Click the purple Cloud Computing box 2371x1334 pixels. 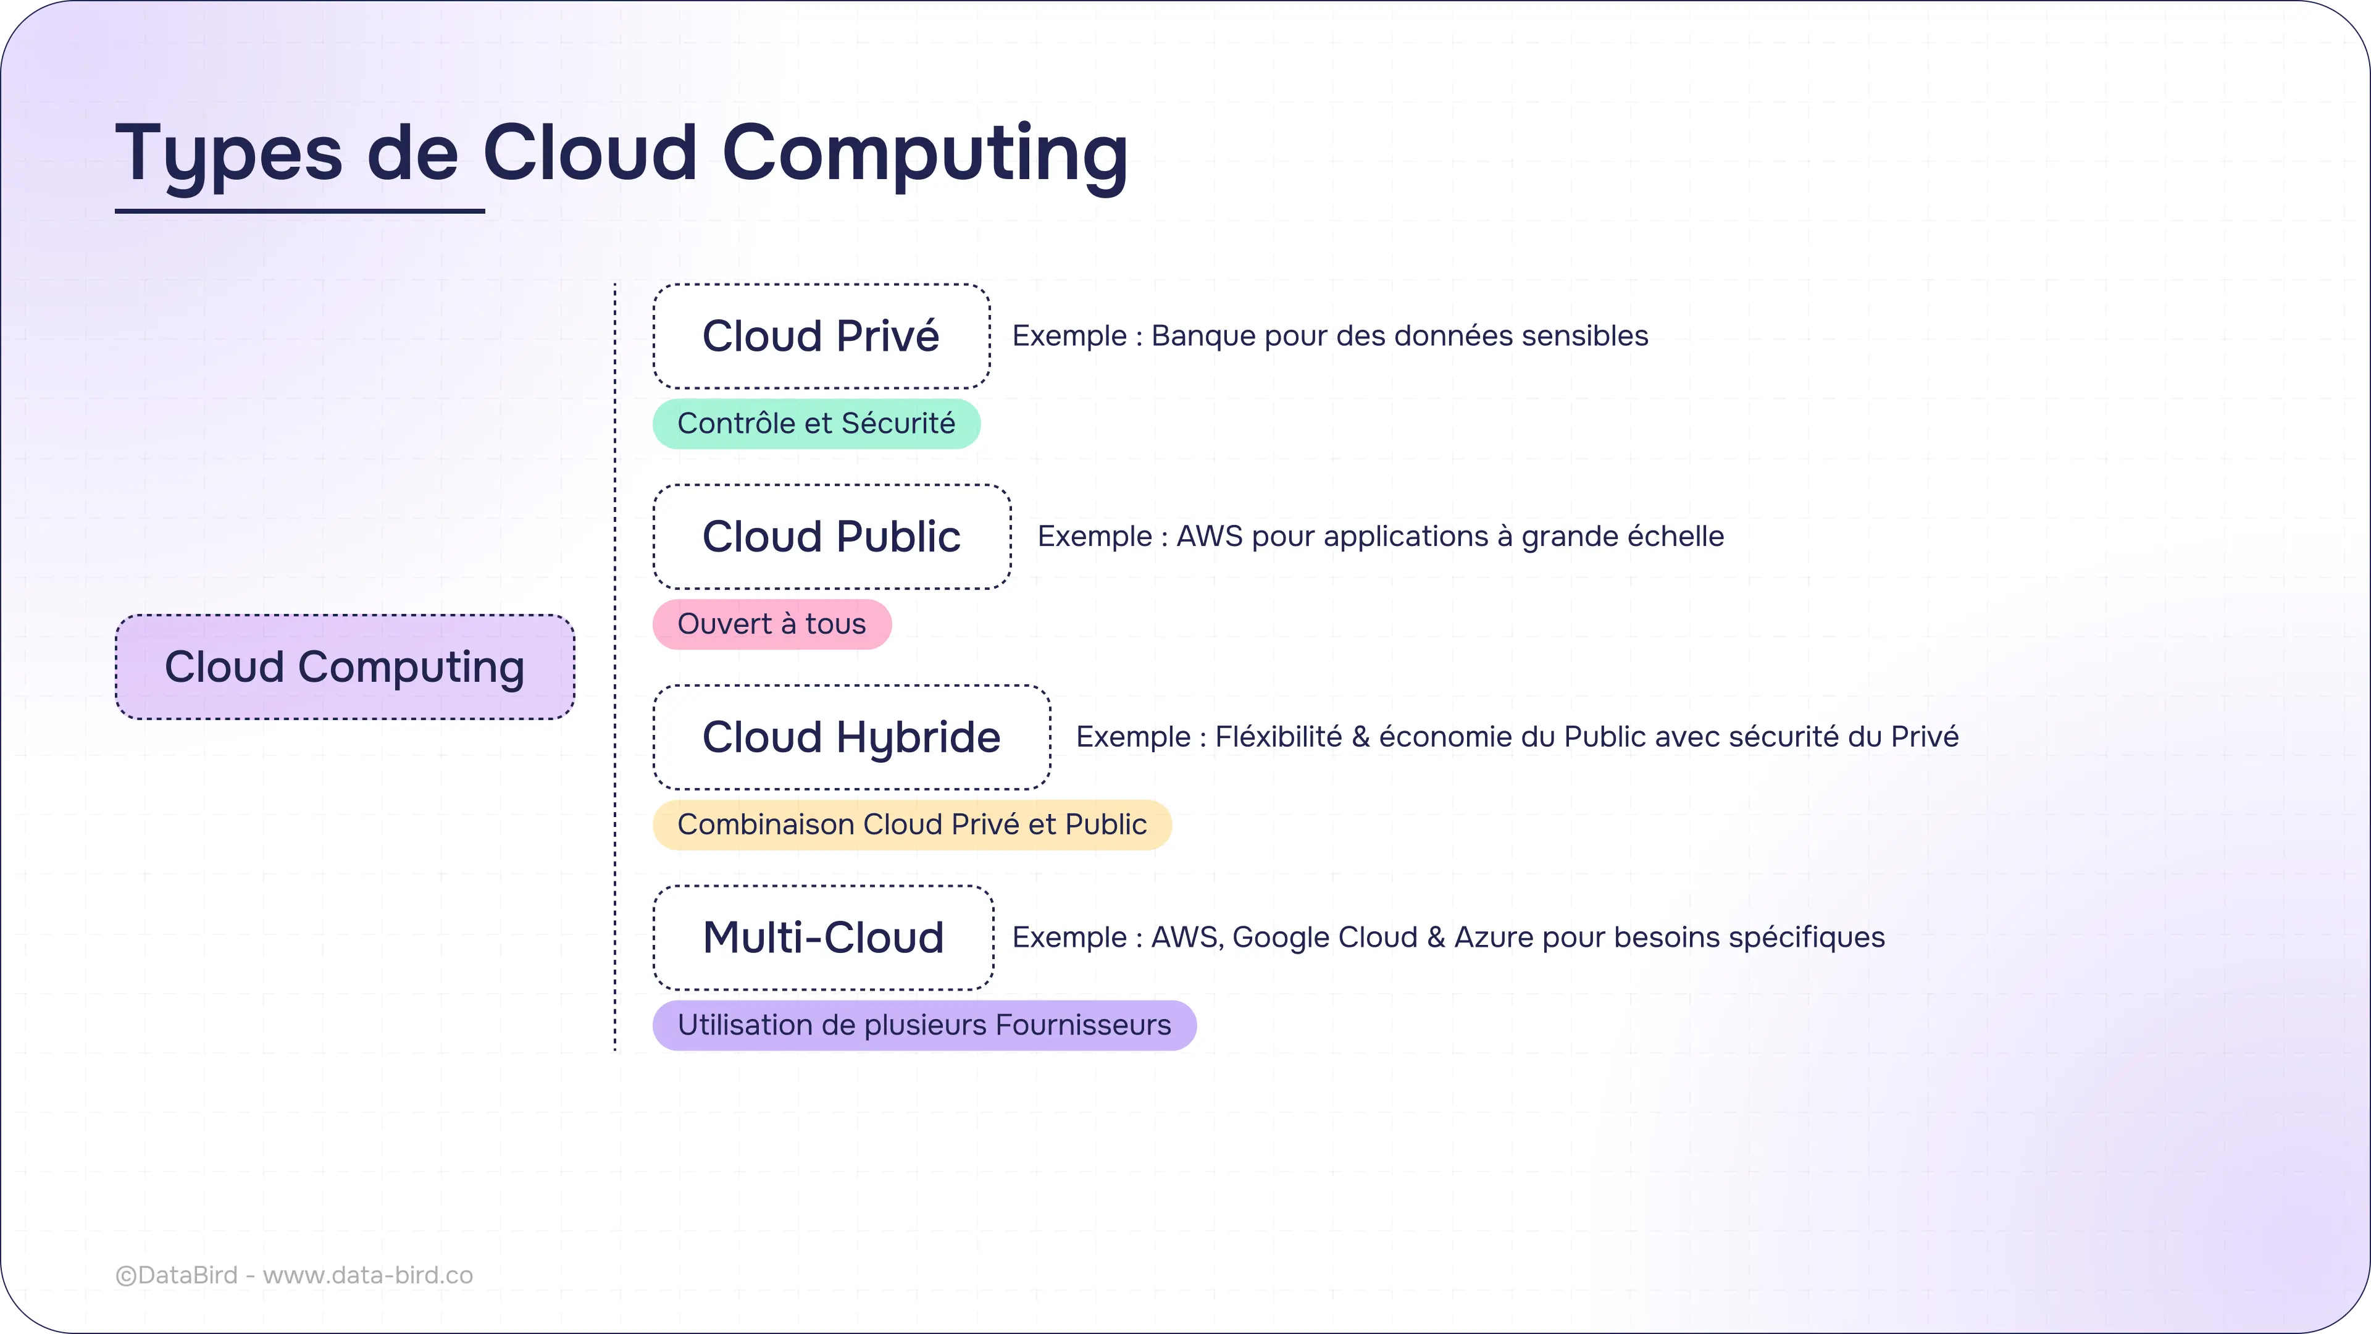[x=345, y=666]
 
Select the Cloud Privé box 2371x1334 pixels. [x=821, y=336]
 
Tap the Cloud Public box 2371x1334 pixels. [x=831, y=537]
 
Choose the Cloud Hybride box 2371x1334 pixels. [x=851, y=737]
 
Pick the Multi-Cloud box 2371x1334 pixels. [x=823, y=938]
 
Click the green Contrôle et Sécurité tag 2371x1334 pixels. [x=816, y=424]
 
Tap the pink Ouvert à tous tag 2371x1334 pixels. [x=771, y=624]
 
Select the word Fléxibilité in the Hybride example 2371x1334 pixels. [x=1279, y=737]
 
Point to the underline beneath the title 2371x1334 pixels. [x=299, y=211]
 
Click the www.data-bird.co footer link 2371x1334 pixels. [x=367, y=1275]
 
